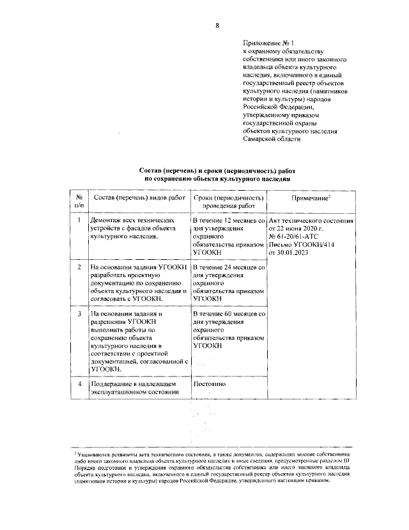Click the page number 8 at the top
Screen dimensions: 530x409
(217, 26)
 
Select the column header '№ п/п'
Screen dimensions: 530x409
(79, 202)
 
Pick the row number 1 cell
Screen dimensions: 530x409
(79, 220)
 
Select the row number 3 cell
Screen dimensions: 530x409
(79, 314)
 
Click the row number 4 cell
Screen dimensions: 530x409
(79, 384)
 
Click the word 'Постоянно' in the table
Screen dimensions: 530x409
(210, 384)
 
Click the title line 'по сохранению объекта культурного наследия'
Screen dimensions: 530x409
(217, 180)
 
